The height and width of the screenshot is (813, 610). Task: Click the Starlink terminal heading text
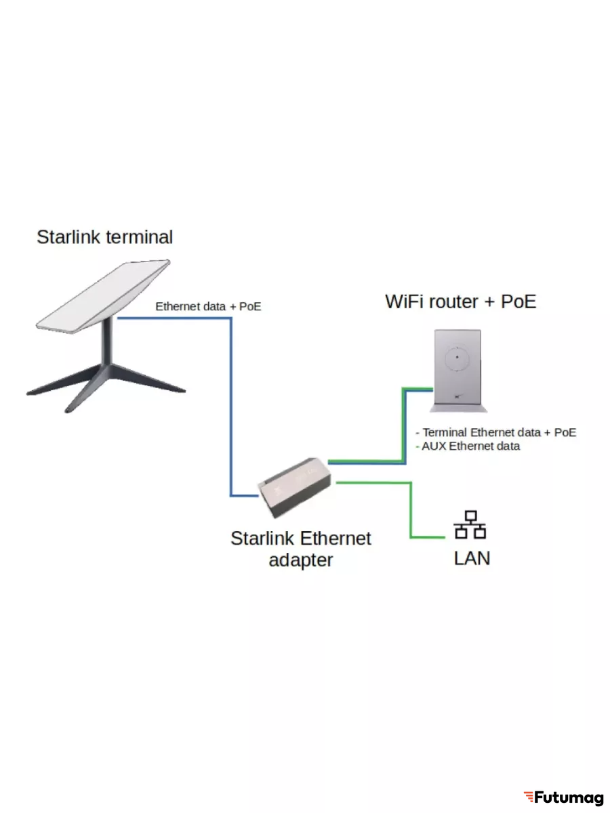click(104, 237)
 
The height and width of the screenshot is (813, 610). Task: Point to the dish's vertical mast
click(107, 346)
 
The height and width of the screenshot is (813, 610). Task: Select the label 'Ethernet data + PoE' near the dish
click(208, 307)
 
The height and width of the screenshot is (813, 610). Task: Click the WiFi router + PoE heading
click(460, 301)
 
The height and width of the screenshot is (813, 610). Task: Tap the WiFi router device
click(458, 370)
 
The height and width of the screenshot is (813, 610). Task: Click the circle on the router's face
click(457, 357)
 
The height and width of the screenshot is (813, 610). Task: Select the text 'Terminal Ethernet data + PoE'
click(499, 432)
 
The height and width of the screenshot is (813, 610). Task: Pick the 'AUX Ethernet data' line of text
click(470, 446)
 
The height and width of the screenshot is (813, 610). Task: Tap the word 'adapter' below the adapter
click(301, 560)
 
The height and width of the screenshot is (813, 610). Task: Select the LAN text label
click(472, 558)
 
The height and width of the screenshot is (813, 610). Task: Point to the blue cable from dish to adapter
click(231, 406)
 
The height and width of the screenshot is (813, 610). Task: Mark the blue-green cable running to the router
click(405, 427)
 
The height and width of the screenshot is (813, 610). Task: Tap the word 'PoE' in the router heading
click(518, 301)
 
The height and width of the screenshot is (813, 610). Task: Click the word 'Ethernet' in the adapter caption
click(335, 539)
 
